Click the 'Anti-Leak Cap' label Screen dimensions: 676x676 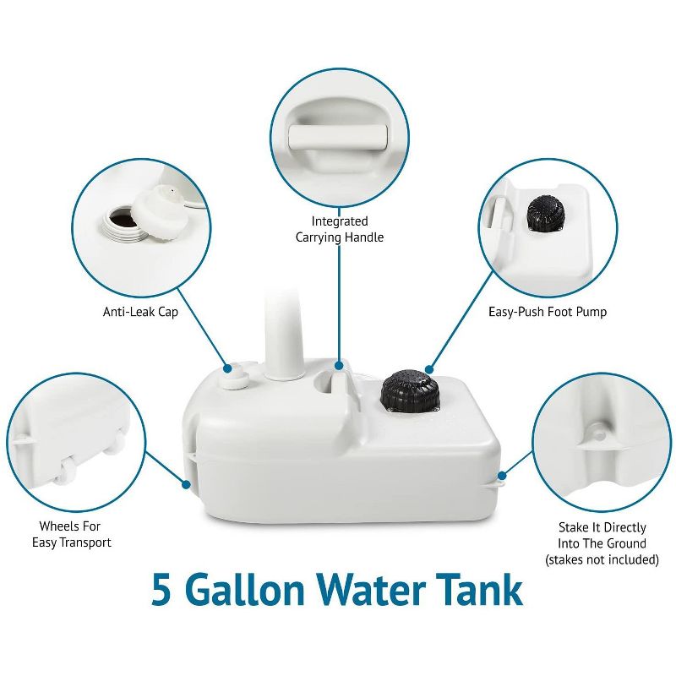click(142, 312)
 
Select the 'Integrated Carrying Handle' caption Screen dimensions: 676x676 click(340, 229)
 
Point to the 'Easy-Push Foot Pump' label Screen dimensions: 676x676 click(548, 312)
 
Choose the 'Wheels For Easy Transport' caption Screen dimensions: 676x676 click(72, 534)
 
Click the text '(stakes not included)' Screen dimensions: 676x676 click(602, 559)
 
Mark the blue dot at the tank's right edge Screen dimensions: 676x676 click(503, 476)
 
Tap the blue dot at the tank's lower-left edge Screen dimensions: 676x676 click(187, 484)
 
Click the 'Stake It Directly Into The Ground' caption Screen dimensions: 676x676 click(602, 536)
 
